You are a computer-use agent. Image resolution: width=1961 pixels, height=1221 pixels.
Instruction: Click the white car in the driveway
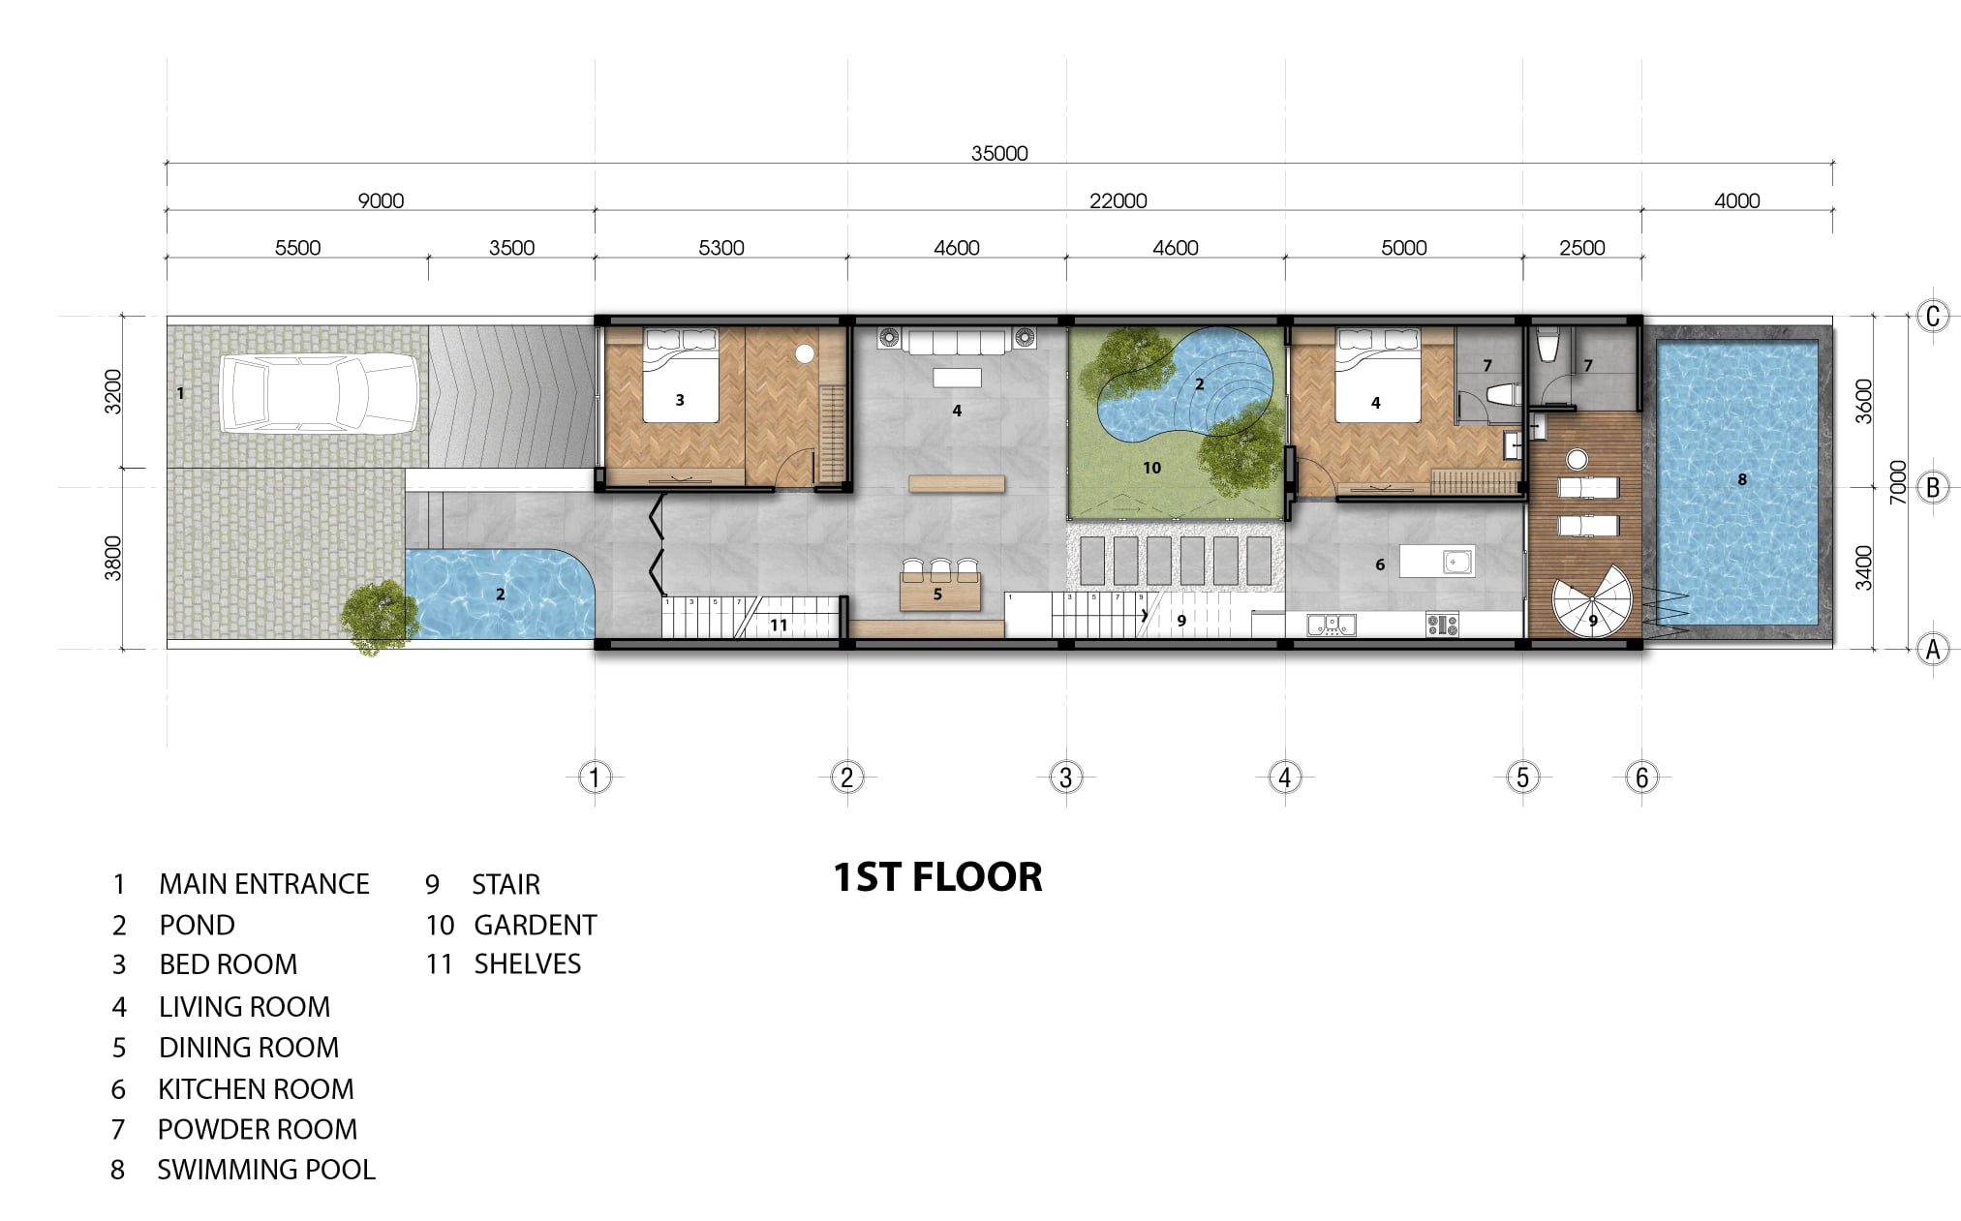click(320, 392)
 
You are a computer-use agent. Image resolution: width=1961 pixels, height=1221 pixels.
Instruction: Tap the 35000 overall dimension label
click(999, 153)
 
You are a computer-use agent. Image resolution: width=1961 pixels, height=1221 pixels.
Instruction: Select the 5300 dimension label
click(721, 248)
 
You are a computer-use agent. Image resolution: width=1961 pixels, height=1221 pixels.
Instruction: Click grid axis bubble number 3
click(1066, 777)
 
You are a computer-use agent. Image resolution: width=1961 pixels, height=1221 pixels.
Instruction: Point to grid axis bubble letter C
click(1933, 316)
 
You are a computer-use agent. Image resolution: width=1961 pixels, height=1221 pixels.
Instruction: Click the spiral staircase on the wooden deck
click(1592, 601)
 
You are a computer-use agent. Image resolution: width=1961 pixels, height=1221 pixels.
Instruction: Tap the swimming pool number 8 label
click(1742, 479)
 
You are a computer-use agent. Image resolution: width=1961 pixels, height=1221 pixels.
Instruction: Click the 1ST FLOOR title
click(937, 877)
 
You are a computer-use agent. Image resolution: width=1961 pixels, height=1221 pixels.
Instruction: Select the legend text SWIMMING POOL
click(266, 1170)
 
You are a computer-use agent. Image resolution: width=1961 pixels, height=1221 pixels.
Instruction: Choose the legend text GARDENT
click(536, 925)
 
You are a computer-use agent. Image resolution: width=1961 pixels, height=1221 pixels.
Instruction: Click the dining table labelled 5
click(939, 590)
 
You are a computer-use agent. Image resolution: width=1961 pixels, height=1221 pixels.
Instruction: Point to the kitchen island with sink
click(1438, 561)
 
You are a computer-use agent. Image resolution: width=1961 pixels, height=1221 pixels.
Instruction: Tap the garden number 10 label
click(1151, 468)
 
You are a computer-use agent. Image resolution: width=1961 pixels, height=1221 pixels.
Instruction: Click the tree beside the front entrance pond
click(375, 616)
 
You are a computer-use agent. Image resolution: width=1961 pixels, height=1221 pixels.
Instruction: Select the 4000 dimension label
click(1736, 201)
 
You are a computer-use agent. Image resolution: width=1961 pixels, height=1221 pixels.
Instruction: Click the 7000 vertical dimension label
click(1898, 481)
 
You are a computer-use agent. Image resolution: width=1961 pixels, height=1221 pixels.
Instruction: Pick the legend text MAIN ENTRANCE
click(264, 884)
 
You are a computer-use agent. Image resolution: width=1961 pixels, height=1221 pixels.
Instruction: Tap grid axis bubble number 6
click(1641, 777)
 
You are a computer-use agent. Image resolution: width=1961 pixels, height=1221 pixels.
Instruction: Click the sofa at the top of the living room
click(957, 341)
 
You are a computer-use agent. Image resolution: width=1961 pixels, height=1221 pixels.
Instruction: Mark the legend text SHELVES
click(528, 964)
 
